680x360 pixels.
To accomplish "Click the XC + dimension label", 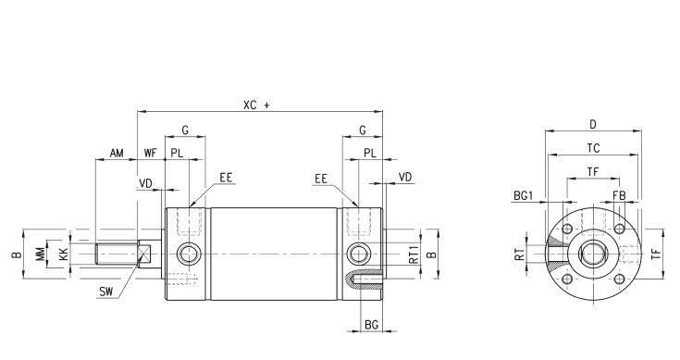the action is (256, 105).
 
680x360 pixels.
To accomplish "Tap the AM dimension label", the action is (117, 153).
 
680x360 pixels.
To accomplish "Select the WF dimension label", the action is (151, 153).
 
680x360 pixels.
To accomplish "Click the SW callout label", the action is (105, 292).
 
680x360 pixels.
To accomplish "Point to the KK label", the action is (63, 254).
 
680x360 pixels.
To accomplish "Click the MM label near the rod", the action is (41, 254).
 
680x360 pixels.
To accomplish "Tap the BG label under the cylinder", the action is (371, 325).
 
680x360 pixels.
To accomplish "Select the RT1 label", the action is (414, 254).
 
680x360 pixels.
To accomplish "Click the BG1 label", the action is (523, 195).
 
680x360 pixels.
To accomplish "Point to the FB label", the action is (619, 195).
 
